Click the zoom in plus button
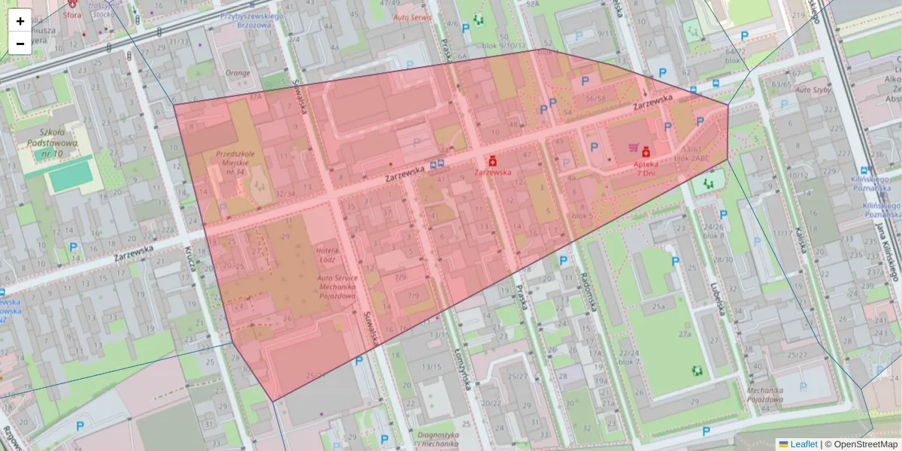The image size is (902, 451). click(x=20, y=21)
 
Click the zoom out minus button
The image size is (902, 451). click(x=20, y=44)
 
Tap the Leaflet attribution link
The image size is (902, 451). click(x=803, y=444)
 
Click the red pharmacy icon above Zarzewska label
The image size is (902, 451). click(x=492, y=160)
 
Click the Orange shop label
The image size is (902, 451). click(x=237, y=73)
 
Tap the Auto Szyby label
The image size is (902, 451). click(x=798, y=89)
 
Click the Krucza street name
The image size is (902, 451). click(x=183, y=259)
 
